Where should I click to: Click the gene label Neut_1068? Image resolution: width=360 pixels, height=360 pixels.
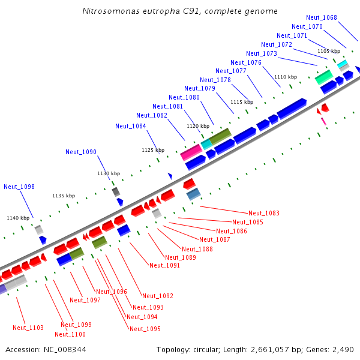click(x=321, y=17)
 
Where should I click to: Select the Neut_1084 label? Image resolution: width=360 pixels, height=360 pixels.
click(x=130, y=126)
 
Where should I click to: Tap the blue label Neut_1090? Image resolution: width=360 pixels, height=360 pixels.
click(x=81, y=152)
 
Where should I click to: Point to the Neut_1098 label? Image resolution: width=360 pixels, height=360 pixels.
click(x=19, y=187)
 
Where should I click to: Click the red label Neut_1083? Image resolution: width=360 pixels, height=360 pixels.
click(x=264, y=213)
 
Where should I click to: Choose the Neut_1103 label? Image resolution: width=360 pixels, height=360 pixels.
click(x=28, y=328)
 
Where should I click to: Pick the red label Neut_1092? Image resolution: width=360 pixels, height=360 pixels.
click(x=158, y=296)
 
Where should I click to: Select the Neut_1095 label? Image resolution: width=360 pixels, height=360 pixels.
click(x=145, y=329)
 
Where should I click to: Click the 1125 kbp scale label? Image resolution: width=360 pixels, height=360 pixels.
click(x=152, y=150)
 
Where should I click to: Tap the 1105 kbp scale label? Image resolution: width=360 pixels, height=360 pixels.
click(x=328, y=52)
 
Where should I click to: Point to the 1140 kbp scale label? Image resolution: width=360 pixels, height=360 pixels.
click(x=18, y=218)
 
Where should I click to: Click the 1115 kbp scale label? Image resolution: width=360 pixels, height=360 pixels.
click(x=242, y=102)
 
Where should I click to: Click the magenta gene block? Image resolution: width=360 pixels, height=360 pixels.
click(x=191, y=152)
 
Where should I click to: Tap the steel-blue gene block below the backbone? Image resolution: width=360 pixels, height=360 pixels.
click(x=193, y=194)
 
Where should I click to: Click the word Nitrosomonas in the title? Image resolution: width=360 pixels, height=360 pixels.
click(x=110, y=11)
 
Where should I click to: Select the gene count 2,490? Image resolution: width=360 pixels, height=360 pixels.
click(x=343, y=349)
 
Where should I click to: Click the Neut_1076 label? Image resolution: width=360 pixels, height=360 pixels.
click(x=246, y=62)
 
